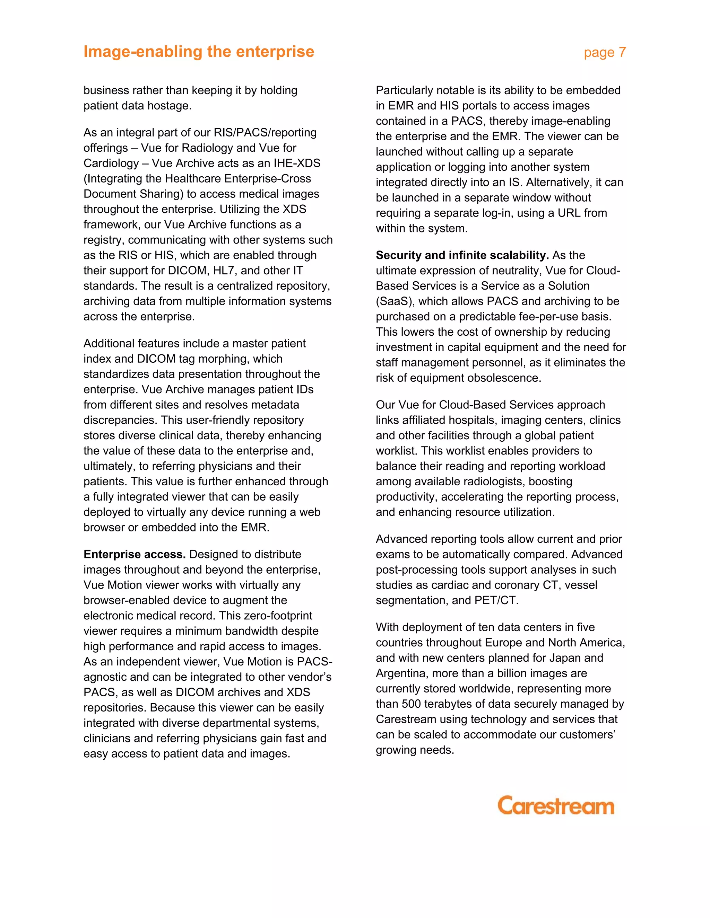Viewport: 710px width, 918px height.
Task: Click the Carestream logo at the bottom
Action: click(556, 806)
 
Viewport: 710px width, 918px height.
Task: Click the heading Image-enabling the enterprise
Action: click(199, 51)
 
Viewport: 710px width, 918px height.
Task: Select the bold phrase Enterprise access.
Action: click(134, 554)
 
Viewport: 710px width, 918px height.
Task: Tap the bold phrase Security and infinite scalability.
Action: click(462, 255)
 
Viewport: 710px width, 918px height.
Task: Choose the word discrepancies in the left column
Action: click(120, 420)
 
